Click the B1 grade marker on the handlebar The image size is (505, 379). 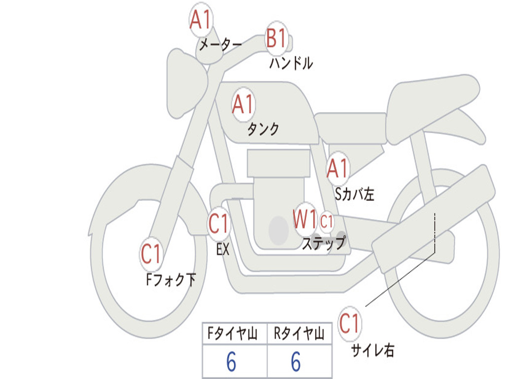pyautogui.click(x=276, y=38)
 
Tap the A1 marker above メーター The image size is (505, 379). pyautogui.click(x=201, y=21)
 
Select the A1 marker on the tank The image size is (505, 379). pyautogui.click(x=243, y=104)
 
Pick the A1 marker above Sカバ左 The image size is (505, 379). pyautogui.click(x=338, y=168)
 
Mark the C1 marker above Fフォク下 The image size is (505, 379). pyautogui.click(x=151, y=254)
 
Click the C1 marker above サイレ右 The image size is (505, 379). pyautogui.click(x=350, y=324)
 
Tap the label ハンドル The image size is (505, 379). pyautogui.click(x=291, y=63)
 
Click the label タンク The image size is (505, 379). pyautogui.click(x=263, y=129)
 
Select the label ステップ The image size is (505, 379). pyautogui.click(x=324, y=243)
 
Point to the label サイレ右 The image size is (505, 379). pyautogui.click(x=373, y=350)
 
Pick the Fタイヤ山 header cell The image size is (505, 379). pyautogui.click(x=234, y=335)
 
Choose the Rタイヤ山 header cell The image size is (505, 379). pyautogui.click(x=299, y=335)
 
